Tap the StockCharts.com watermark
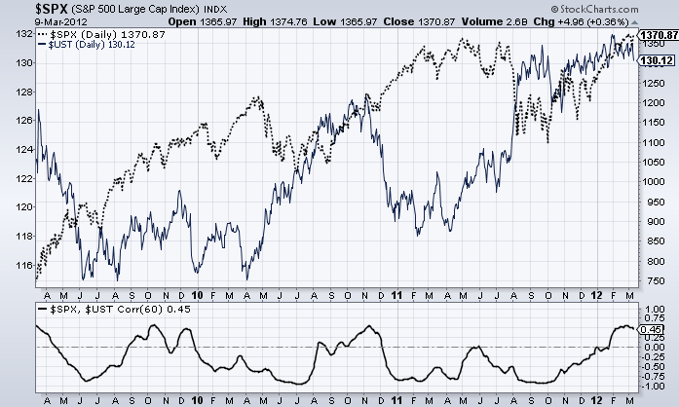[x=624, y=9]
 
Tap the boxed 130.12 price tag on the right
[x=652, y=59]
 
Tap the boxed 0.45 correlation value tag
[x=652, y=329]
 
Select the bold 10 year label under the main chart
[x=197, y=293]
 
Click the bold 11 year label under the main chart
[x=397, y=293]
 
